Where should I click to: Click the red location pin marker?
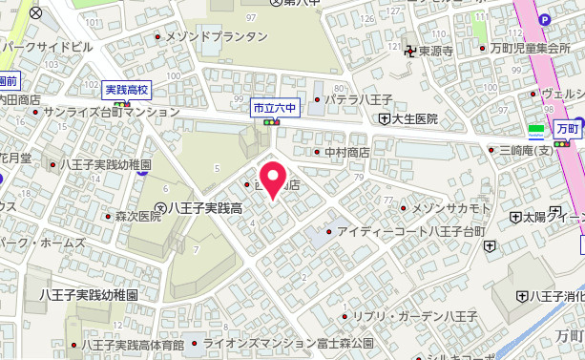click(274, 179)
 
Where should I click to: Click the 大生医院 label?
click(412, 119)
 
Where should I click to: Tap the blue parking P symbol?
click(545, 19)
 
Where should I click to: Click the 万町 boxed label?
click(568, 127)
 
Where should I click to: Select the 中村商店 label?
click(346, 152)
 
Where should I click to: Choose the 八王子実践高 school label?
click(206, 208)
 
